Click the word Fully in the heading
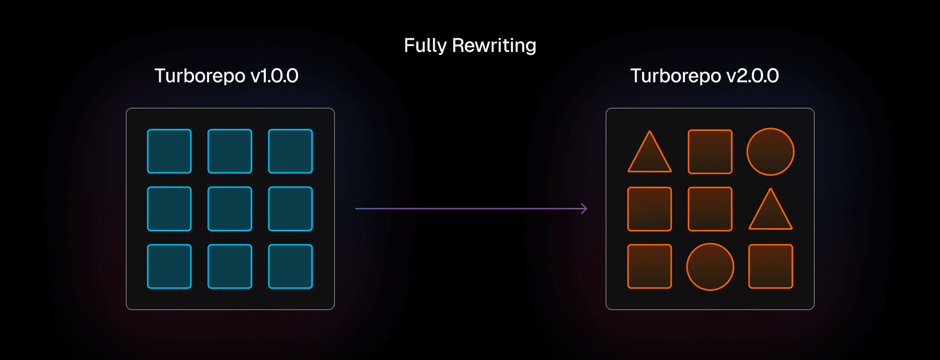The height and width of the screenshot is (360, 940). [x=425, y=46]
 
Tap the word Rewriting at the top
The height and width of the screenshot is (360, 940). [x=494, y=46]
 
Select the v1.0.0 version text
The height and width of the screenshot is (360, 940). [x=274, y=76]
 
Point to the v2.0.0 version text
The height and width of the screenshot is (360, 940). [x=752, y=76]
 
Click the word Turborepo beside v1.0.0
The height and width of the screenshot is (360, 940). [x=200, y=76]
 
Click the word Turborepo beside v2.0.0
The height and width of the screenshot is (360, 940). [x=676, y=76]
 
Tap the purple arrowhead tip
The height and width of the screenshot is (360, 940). [x=586, y=209]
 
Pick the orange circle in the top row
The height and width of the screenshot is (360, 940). [x=770, y=152]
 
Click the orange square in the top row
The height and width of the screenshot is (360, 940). [x=710, y=152]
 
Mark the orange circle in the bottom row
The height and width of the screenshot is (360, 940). [x=710, y=267]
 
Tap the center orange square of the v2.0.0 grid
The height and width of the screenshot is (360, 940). [x=710, y=209]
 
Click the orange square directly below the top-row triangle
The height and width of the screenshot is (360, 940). [x=650, y=209]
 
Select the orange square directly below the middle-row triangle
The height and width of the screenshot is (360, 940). [x=770, y=266]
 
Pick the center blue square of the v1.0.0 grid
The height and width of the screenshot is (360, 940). [x=230, y=209]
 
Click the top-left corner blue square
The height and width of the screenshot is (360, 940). [x=169, y=151]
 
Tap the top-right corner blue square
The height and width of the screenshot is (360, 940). [x=290, y=151]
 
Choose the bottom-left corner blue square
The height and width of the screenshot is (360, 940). [x=169, y=266]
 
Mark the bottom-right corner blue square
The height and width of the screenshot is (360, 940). [x=290, y=266]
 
